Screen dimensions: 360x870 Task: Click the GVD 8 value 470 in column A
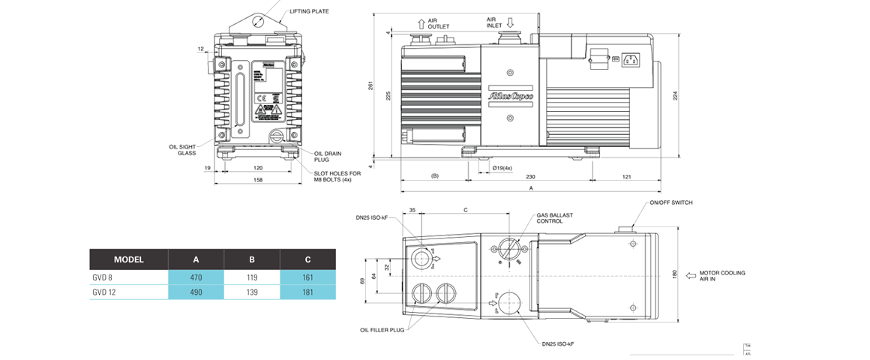click(196, 277)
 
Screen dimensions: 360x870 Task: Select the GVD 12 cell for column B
click(252, 292)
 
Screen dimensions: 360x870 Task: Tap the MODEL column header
click(129, 259)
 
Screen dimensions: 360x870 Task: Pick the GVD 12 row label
click(104, 292)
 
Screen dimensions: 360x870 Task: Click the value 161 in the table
click(307, 277)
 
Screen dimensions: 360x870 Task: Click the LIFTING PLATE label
click(309, 11)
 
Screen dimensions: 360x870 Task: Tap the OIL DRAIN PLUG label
click(328, 156)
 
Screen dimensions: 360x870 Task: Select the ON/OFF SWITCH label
click(671, 202)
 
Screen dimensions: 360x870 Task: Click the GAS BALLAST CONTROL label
click(554, 218)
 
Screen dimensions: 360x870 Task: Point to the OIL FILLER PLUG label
click(382, 329)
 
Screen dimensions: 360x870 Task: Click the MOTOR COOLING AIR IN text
click(722, 275)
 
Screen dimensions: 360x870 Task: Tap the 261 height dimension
click(370, 86)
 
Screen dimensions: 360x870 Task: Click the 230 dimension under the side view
click(530, 176)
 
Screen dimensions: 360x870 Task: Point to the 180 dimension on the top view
click(675, 274)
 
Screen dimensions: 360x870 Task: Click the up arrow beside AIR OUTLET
click(421, 23)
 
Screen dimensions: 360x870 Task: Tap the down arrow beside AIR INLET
click(508, 22)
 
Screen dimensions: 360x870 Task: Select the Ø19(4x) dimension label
click(502, 167)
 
